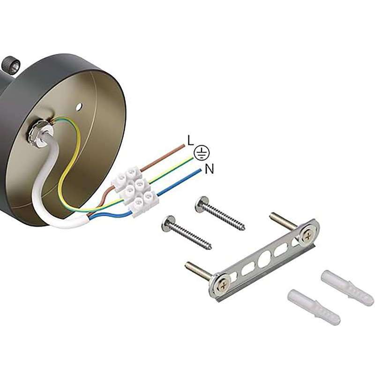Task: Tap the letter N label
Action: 209,169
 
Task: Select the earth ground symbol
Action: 202,153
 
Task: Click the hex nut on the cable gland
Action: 37,135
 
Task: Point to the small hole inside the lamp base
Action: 79,106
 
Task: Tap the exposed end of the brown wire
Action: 184,145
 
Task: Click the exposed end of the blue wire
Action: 200,170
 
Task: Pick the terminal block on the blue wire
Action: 143,203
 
